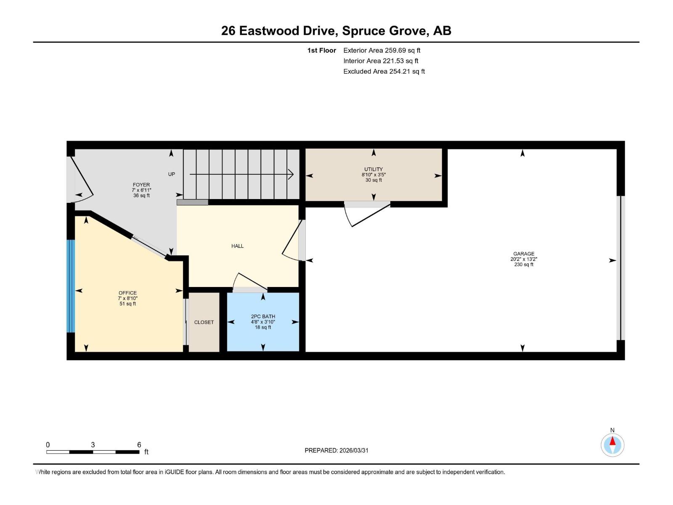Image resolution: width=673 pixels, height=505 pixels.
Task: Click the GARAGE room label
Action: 524,254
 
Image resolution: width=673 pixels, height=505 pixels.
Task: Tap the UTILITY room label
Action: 374,170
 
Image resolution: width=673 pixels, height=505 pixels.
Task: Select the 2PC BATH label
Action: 263,316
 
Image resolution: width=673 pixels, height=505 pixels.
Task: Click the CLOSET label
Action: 204,322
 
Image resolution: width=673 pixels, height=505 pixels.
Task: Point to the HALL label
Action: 237,246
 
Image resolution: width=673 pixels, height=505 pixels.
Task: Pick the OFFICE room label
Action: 127,293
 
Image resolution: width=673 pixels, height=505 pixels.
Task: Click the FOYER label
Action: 141,185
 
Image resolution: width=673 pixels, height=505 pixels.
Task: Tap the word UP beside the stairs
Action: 172,174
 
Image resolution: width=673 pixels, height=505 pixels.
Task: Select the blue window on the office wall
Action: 71,286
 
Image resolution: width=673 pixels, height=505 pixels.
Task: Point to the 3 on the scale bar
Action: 93,445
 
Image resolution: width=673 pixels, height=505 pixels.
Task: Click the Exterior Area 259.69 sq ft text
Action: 382,50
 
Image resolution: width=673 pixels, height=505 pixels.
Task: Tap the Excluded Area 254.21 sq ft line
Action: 384,72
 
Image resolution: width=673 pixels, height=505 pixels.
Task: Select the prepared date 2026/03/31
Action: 354,450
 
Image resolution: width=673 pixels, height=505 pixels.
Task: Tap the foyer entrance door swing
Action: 82,179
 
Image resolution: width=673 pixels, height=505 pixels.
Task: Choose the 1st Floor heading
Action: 322,50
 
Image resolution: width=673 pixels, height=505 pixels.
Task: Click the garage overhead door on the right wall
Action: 620,268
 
